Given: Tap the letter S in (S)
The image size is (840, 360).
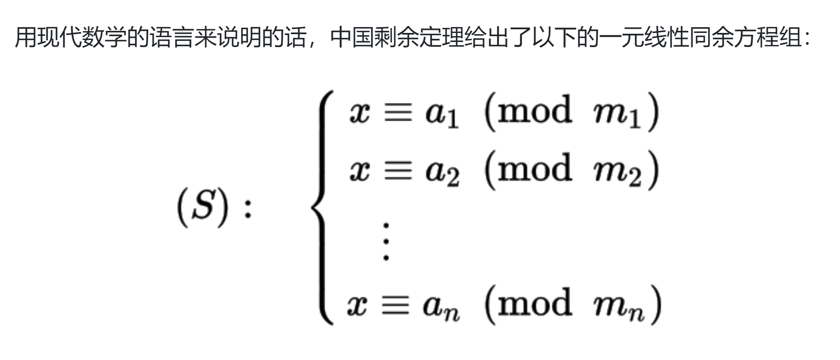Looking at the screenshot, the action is (x=203, y=206).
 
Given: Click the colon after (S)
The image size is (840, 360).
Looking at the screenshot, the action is (x=248, y=209).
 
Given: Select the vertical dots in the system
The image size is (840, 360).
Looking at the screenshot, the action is (x=386, y=242).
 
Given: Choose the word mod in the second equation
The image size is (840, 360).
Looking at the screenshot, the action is (x=535, y=168).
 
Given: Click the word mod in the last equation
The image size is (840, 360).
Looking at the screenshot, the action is (x=535, y=303).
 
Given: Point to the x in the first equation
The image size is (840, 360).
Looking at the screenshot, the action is (x=359, y=113).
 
